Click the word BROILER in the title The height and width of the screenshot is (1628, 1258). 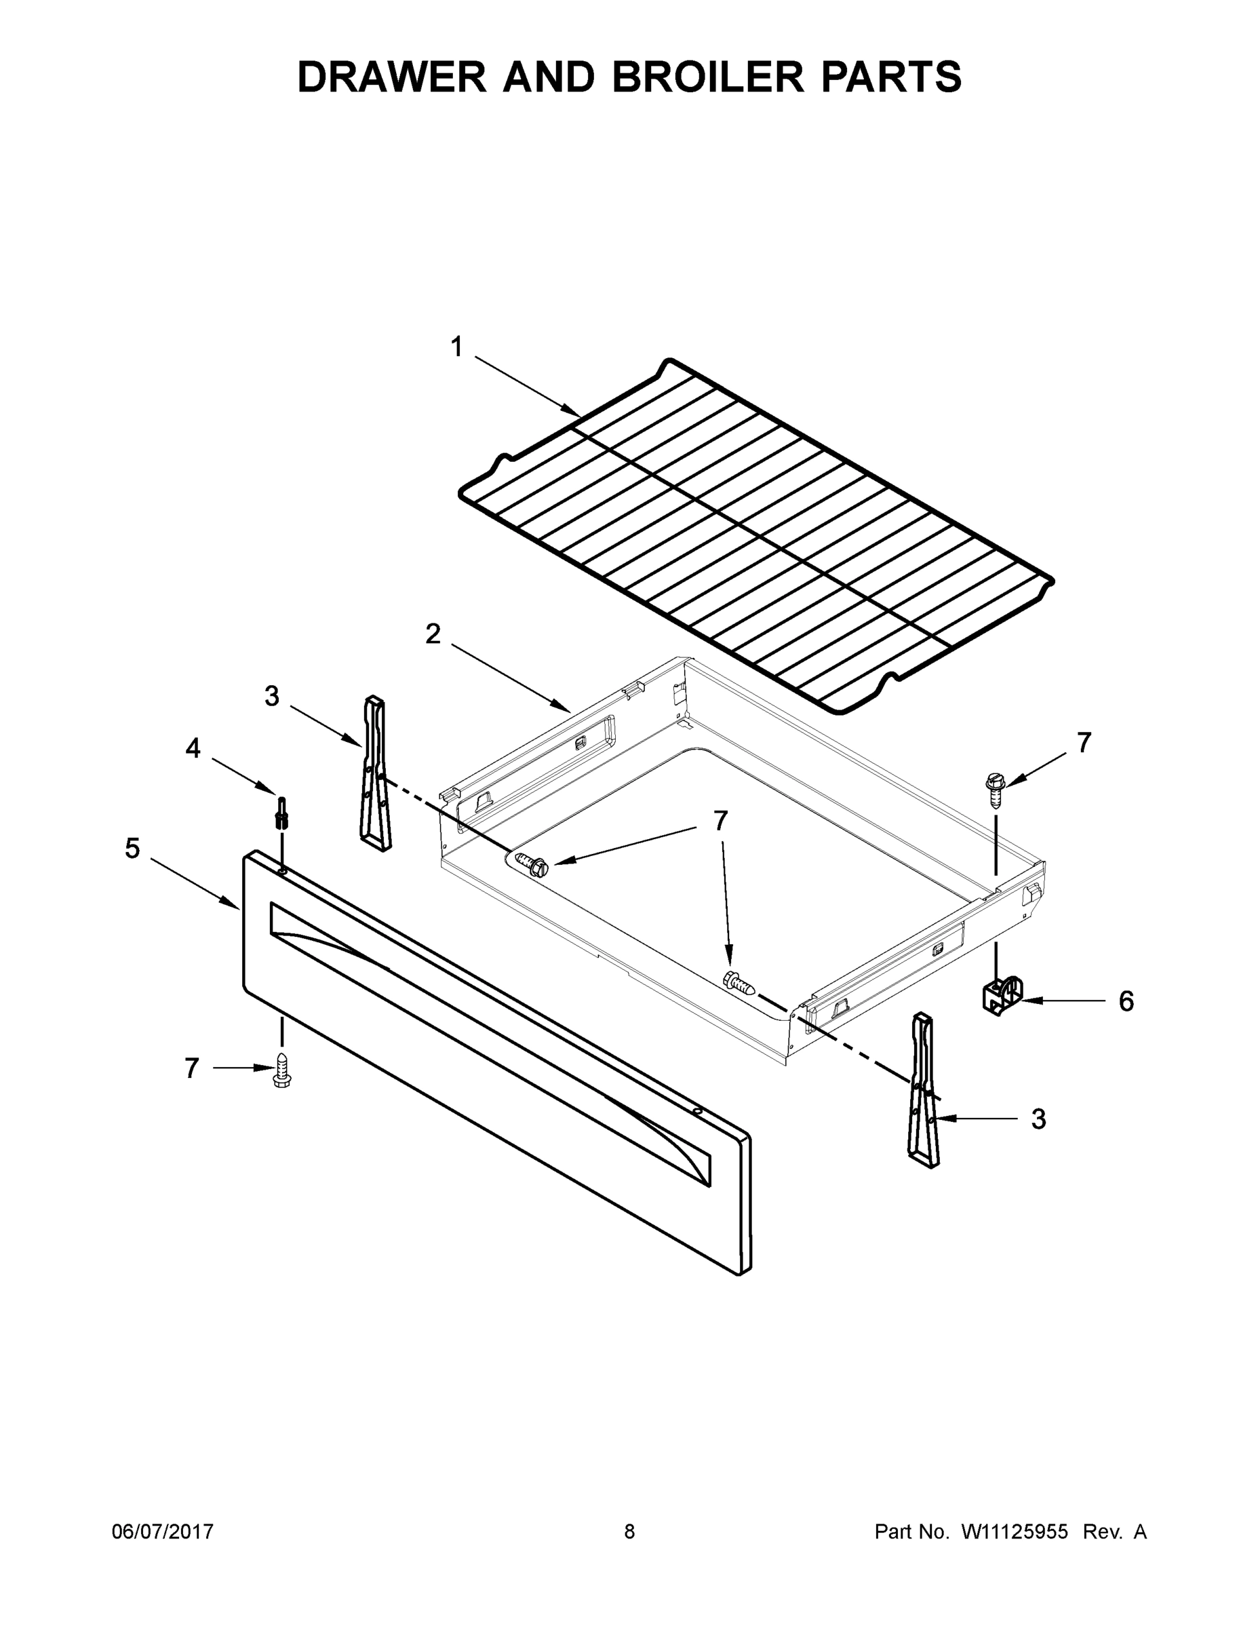click(708, 77)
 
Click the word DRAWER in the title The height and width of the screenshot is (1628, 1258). click(392, 77)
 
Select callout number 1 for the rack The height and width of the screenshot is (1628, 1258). click(456, 347)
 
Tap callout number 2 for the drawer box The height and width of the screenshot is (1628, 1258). click(432, 635)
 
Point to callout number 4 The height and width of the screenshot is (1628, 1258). click(193, 748)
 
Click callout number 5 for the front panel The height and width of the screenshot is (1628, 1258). click(132, 849)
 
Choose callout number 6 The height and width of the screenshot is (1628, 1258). click(1125, 1001)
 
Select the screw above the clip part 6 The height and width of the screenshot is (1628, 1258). click(995, 788)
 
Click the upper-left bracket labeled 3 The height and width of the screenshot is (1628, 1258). click(375, 772)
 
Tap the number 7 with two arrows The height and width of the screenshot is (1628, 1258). click(719, 821)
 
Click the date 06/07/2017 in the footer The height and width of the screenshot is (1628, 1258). click(163, 1532)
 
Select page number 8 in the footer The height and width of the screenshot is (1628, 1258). click(629, 1532)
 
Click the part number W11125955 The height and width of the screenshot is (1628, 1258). click(1015, 1532)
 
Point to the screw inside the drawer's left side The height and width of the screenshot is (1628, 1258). click(532, 865)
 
